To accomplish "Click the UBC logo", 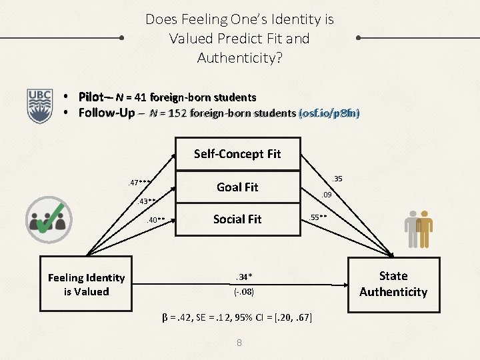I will (x=39, y=105).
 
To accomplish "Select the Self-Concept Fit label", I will (x=237, y=154).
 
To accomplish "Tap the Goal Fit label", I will (x=237, y=187).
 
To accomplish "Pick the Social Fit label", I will (x=237, y=219).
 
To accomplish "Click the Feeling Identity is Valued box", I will (x=86, y=285).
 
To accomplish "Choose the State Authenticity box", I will (x=393, y=283).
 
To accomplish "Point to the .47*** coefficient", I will (x=141, y=183).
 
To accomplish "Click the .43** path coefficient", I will (x=148, y=201).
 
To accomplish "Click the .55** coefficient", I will (x=317, y=217).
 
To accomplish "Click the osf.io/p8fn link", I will (x=330, y=113).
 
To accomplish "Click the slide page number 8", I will (x=239, y=343).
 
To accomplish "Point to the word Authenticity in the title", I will (x=239, y=58).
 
